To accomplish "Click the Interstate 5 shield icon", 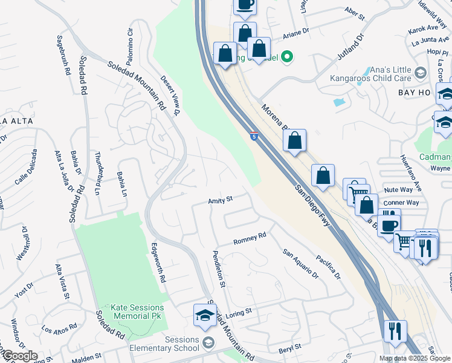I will tap(255, 138).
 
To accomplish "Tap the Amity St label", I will tap(221, 200).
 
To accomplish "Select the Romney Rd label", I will tap(250, 238).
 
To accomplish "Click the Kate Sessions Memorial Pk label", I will tap(137, 312).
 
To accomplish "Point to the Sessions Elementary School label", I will tap(165, 344).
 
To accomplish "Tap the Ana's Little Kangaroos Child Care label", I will tap(370, 74).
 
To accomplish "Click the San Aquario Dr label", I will tap(300, 264).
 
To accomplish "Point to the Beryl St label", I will tap(289, 349).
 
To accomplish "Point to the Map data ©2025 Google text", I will tap(414, 358).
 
